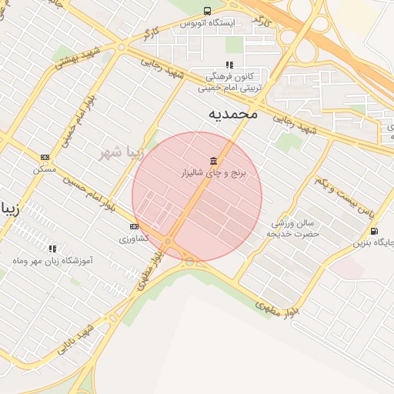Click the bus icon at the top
pos(207,11)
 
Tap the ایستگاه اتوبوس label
pos(206,23)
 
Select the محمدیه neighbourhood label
pos(232,113)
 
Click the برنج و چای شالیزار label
pos(212,174)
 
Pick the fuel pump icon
pos(374,231)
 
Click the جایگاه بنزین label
pos(374,243)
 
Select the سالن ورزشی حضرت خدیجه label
pos(289,228)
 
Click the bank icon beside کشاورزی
pos(134,226)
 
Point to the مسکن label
pos(45,169)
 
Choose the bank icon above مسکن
pos(45,157)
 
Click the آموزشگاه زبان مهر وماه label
pos(54,261)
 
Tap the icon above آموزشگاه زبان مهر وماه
pos(53,249)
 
